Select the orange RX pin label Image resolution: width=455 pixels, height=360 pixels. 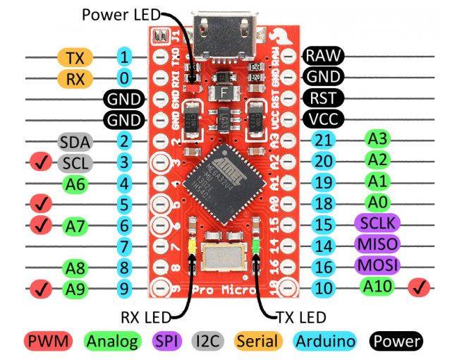[75, 78]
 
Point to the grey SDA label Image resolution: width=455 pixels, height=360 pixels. [74, 143]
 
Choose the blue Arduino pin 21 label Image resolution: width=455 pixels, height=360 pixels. [324, 140]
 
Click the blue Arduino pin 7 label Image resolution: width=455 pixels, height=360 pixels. [124, 247]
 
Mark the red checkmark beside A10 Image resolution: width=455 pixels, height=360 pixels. [420, 287]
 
